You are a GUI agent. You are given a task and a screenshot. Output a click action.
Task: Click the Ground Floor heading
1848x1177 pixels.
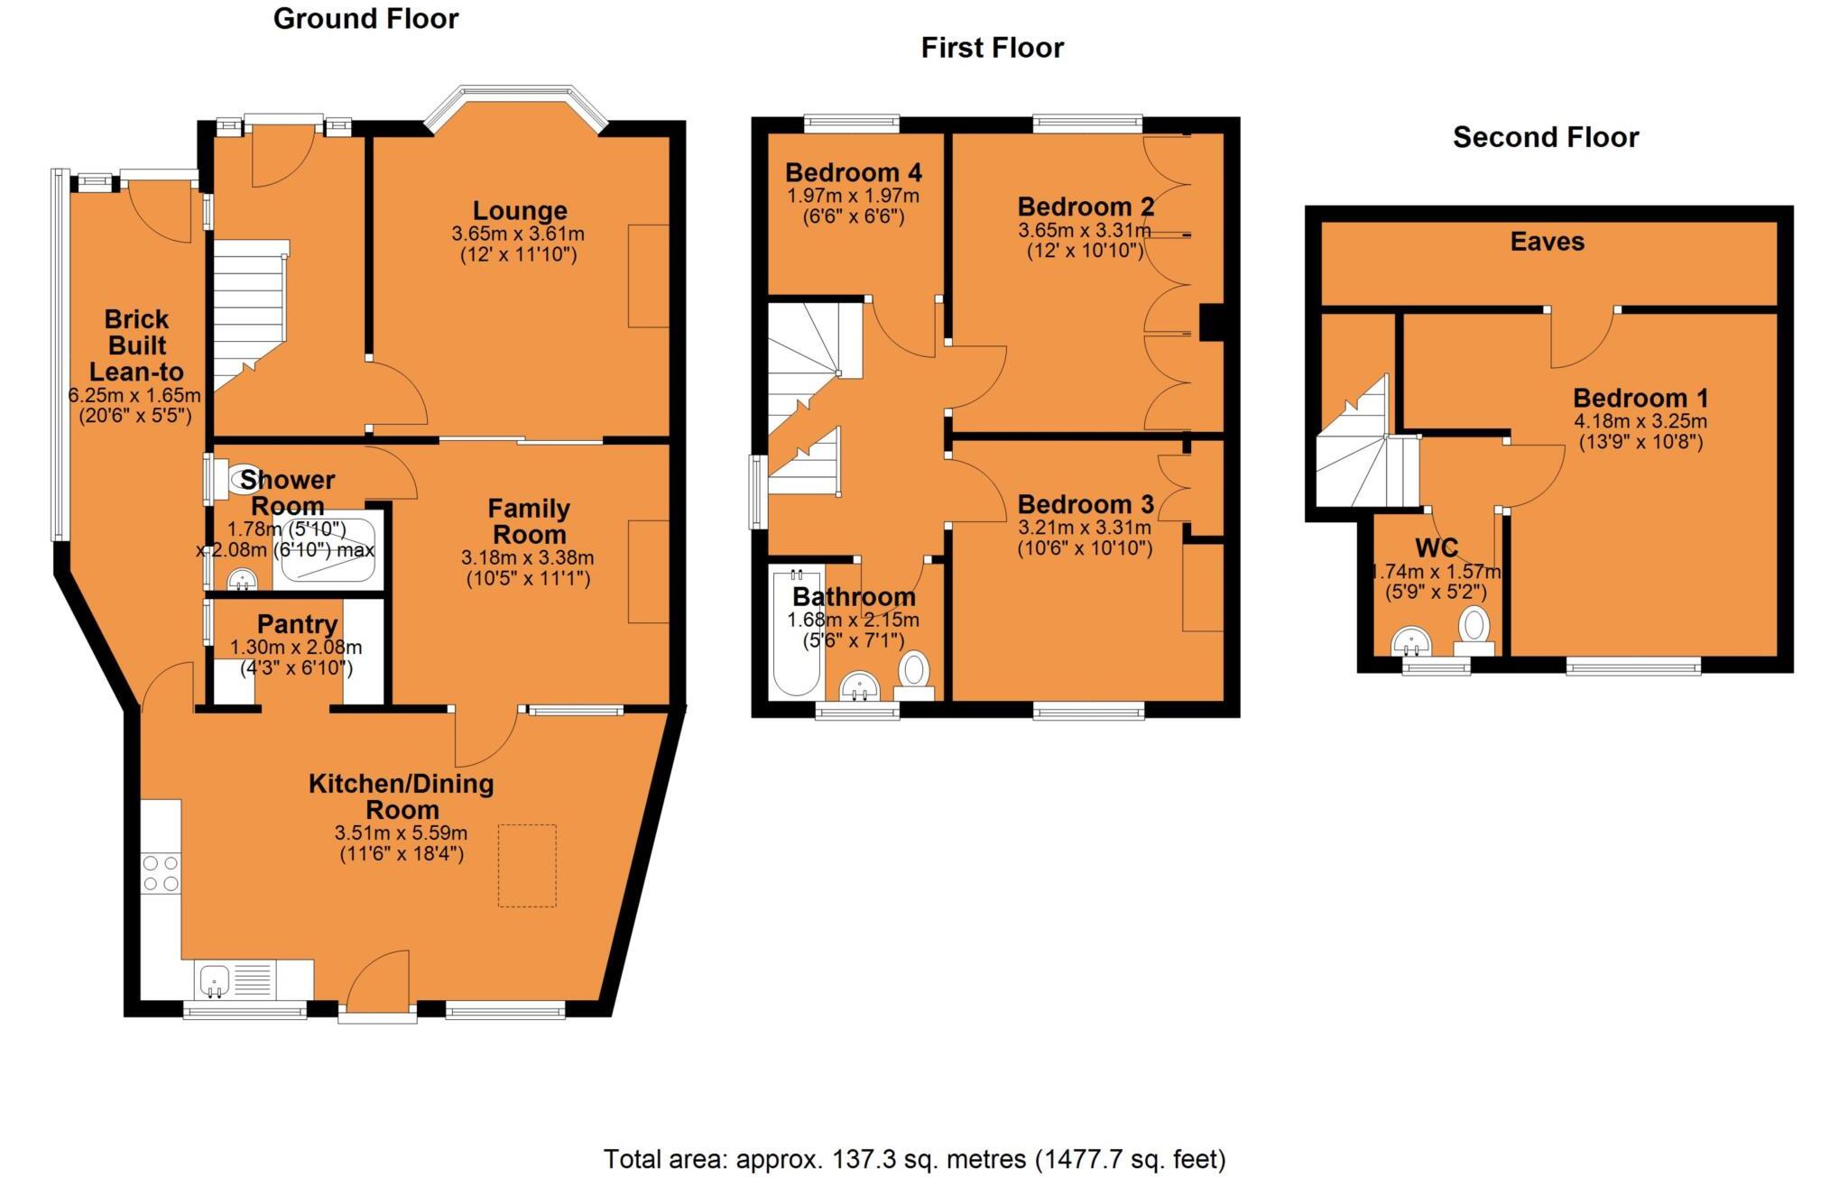click(365, 19)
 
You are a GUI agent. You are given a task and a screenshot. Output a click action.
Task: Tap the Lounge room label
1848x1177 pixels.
click(520, 211)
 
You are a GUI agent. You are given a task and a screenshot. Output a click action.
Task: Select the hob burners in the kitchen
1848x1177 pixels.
click(161, 872)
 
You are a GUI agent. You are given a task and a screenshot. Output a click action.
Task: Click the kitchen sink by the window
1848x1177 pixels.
click(215, 979)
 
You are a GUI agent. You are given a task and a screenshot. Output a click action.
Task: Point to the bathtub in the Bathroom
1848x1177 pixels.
click(796, 632)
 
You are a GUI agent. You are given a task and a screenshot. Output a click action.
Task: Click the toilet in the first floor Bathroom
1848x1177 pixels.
click(914, 672)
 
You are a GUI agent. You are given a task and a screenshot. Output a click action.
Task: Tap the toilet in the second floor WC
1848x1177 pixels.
click(1474, 627)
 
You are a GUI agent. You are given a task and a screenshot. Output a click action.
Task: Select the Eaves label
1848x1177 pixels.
click(1547, 242)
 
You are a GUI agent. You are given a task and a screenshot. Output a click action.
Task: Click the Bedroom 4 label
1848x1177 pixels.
click(853, 172)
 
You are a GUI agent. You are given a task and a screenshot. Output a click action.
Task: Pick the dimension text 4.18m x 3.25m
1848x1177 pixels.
click(1640, 421)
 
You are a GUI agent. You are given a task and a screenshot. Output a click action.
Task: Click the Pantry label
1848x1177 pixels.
click(297, 624)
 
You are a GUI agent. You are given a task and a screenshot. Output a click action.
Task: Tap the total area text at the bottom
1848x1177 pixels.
click(914, 1158)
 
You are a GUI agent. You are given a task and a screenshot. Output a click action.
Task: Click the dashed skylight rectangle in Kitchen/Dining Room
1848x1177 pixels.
click(527, 865)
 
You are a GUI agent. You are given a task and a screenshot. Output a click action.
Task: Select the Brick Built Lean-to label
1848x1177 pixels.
click(135, 345)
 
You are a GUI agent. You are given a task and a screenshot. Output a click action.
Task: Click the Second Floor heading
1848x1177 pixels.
click(1545, 137)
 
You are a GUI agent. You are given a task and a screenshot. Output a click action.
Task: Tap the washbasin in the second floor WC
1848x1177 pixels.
click(1410, 642)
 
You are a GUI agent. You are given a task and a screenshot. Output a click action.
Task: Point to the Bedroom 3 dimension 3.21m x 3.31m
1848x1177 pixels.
click(1085, 528)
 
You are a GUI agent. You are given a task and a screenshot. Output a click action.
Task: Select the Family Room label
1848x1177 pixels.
click(529, 520)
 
